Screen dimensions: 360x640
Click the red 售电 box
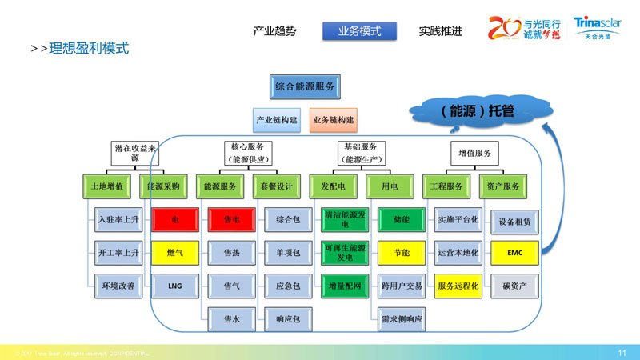231,218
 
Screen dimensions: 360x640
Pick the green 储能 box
401,218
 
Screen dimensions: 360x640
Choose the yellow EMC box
514,252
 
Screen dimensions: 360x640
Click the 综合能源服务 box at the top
305,86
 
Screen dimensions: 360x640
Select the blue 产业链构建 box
277,120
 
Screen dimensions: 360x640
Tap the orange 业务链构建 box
333,120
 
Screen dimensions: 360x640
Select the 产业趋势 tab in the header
274,31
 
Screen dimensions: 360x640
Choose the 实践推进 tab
440,31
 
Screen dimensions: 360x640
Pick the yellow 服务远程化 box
458,285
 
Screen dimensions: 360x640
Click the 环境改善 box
118,285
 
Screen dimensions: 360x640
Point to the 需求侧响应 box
401,319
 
